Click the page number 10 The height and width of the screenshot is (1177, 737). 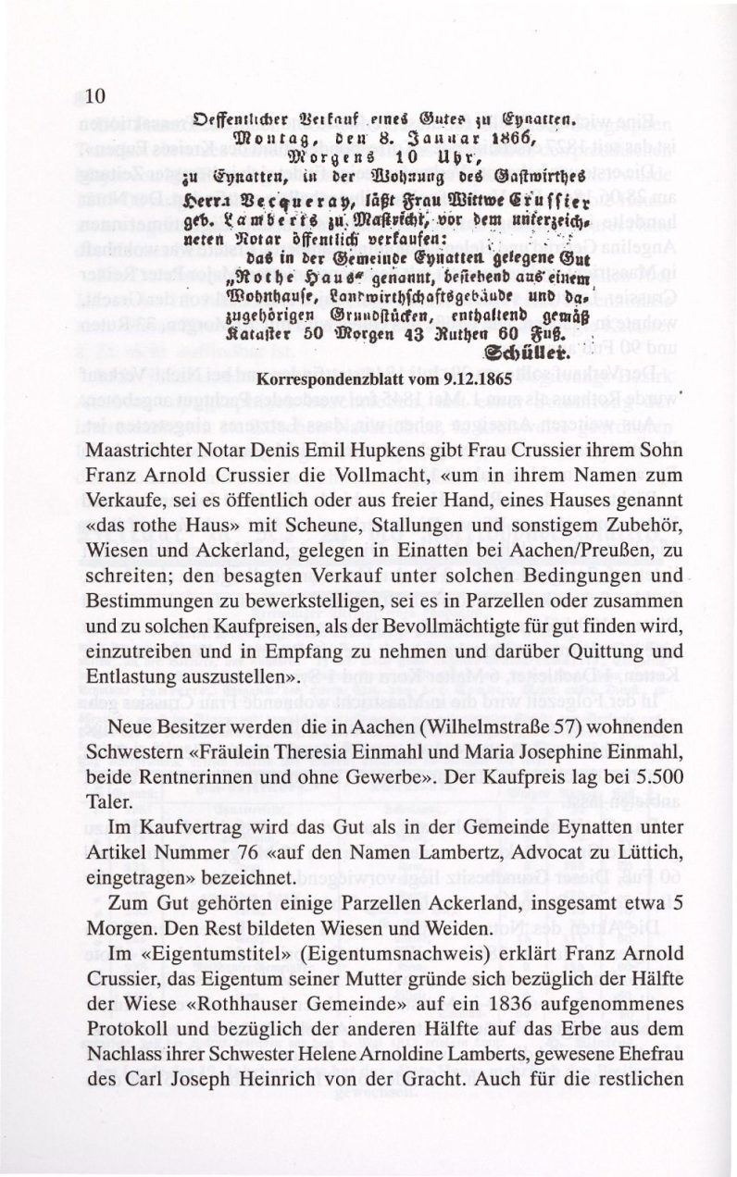coord(97,95)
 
